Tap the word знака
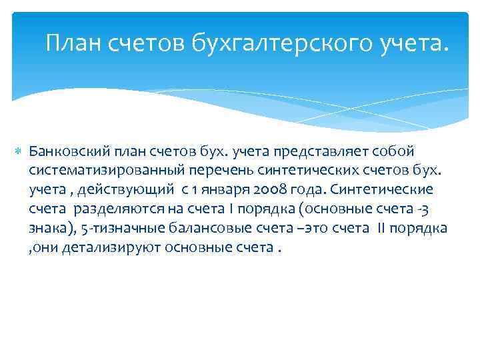pos(47,229)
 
